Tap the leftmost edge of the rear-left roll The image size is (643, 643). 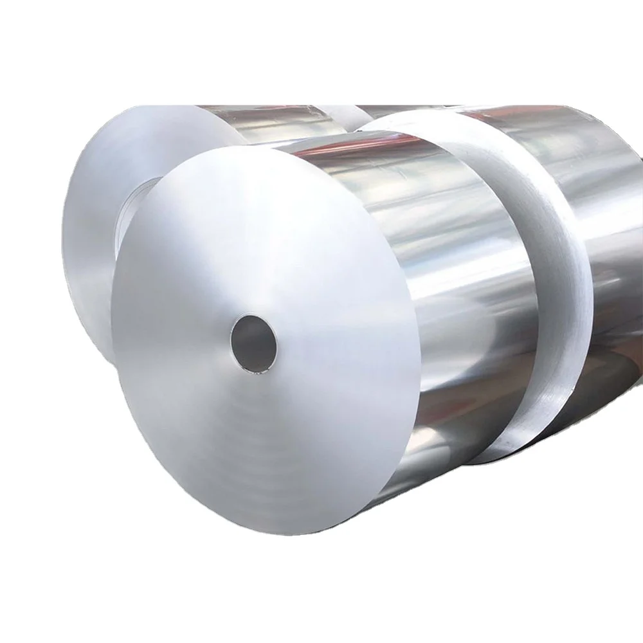[62, 231]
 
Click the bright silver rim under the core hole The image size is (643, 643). [257, 370]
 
